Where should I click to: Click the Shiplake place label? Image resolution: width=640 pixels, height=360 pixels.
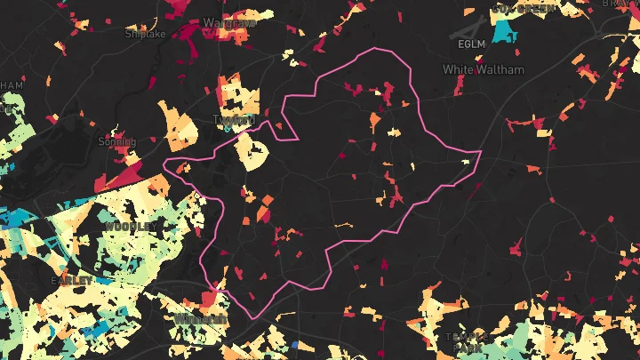[x=145, y=34]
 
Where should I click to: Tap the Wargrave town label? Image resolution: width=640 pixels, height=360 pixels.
[x=229, y=21]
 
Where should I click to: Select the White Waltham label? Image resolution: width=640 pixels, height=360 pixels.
[x=484, y=69]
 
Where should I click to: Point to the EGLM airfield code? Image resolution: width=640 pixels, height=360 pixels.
[x=471, y=44]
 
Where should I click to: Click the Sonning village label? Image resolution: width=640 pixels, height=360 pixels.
[x=117, y=141]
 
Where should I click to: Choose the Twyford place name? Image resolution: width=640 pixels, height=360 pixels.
[x=234, y=119]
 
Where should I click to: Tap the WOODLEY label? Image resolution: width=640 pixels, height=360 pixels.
[x=130, y=227]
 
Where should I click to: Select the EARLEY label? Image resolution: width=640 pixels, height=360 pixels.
[x=72, y=280]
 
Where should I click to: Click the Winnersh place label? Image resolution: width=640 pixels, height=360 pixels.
[x=201, y=318]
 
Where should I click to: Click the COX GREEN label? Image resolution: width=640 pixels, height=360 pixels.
[x=524, y=9]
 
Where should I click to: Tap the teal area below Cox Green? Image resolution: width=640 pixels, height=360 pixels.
[x=505, y=31]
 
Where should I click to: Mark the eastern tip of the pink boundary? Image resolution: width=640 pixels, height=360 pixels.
[x=480, y=152]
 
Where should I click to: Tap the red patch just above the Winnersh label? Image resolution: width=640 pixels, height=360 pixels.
[x=210, y=298]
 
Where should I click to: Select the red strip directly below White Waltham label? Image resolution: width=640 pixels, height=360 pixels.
[x=460, y=85]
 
